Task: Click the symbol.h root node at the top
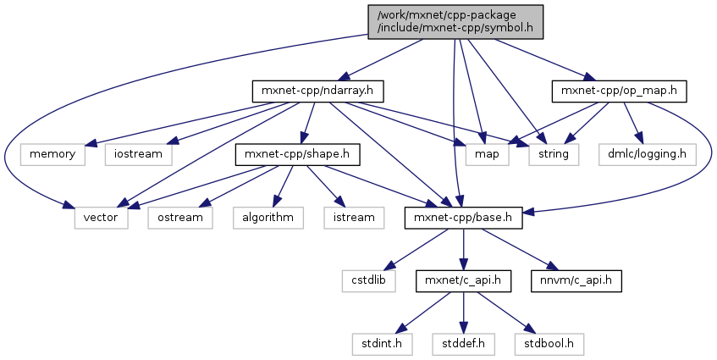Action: tap(454, 20)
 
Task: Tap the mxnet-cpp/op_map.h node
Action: tap(619, 90)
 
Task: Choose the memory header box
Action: tap(52, 154)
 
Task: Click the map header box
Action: tap(486, 154)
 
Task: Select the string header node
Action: tap(554, 154)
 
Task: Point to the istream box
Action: tap(349, 218)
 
